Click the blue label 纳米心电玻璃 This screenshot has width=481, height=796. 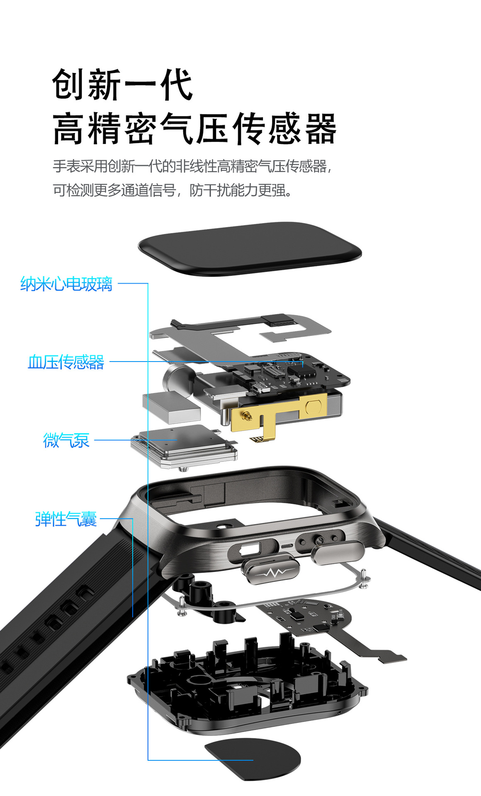coord(66,284)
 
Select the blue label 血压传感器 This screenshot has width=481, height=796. coord(66,362)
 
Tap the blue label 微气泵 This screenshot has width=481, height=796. coord(66,440)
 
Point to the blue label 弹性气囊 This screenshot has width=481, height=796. coord(66,519)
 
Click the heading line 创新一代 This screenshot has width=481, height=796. coord(123,85)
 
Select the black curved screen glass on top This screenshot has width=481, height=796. coord(250,248)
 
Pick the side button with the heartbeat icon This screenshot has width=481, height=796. coord(271,570)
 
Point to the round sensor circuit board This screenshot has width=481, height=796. coord(307,616)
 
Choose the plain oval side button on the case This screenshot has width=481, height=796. coord(338,552)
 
